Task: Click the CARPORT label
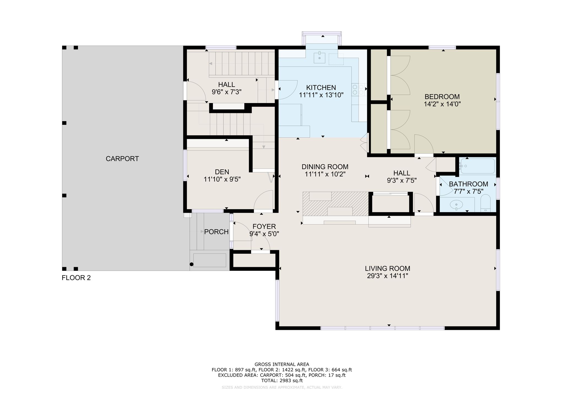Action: tap(122, 159)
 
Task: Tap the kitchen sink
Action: tap(319, 58)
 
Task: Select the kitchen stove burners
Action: tap(358, 90)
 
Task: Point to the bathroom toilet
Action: tap(486, 203)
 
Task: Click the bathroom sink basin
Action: tap(456, 204)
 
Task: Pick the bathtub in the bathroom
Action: tap(478, 166)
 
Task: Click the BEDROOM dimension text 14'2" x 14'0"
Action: tap(442, 104)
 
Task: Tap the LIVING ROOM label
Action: tap(387, 269)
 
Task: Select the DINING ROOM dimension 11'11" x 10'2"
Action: tap(325, 174)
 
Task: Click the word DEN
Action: tap(222, 172)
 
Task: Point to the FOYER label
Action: tap(264, 226)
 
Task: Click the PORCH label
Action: tap(216, 232)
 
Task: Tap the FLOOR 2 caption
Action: tap(76, 278)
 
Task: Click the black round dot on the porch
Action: tap(192, 264)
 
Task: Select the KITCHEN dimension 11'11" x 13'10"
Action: tap(321, 95)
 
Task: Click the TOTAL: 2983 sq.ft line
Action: tap(282, 381)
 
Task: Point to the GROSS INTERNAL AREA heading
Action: tap(282, 364)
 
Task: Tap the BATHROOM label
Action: tap(468, 184)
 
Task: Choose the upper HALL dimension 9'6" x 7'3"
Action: tap(227, 92)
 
